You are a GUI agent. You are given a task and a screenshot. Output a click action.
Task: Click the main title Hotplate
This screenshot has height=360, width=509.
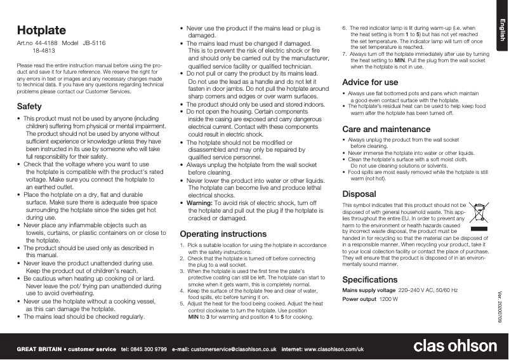(41, 30)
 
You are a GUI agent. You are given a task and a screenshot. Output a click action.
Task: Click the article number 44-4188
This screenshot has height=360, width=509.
(46, 43)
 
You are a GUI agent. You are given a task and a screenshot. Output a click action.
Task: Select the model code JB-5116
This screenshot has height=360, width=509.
(94, 43)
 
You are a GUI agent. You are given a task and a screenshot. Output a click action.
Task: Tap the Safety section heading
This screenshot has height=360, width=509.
(29, 106)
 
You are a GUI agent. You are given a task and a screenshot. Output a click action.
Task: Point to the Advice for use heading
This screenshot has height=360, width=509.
(370, 83)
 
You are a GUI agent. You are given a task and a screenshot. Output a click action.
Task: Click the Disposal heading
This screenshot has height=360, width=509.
(359, 193)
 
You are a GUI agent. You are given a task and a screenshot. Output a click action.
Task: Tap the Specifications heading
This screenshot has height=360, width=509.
(369, 280)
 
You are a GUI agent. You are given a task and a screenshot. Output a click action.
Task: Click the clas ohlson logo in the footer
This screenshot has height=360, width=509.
(455, 347)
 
